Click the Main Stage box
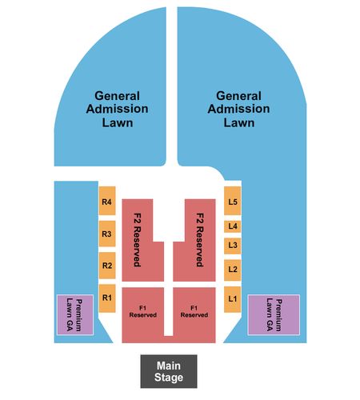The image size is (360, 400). tap(169, 371)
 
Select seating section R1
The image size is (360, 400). tap(107, 298)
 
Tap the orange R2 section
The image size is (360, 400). tap(107, 266)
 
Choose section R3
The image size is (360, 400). tap(107, 234)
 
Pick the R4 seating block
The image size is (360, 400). tap(107, 201)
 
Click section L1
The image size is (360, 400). tap(233, 299)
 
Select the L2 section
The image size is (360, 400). tap(233, 270)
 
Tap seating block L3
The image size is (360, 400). tap(233, 246)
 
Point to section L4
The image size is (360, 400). tap(233, 226)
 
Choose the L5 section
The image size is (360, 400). tap(233, 201)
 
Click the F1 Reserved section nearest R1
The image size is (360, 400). tap(143, 314)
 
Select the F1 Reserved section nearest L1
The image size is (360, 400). tap(194, 314)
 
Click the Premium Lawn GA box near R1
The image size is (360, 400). tap(75, 315)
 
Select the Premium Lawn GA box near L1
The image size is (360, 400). tap(274, 315)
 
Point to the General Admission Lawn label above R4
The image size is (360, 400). tap(117, 109)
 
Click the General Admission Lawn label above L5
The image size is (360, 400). tap(238, 109)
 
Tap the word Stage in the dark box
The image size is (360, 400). tap(169, 378)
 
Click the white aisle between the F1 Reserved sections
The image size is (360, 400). tap(169, 311)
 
